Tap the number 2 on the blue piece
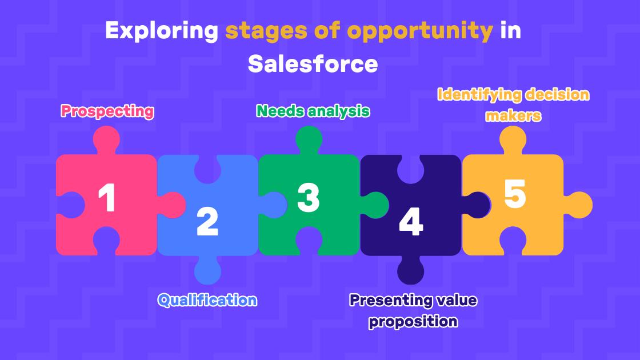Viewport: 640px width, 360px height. pyautogui.click(x=207, y=222)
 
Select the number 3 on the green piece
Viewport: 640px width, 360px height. pyautogui.click(x=309, y=198)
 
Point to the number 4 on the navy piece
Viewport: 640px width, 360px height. pyautogui.click(x=410, y=222)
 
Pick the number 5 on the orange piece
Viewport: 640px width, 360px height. pyautogui.click(x=514, y=194)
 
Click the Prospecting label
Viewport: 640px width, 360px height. pyautogui.click(x=107, y=111)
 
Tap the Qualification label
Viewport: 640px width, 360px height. pyautogui.click(x=207, y=300)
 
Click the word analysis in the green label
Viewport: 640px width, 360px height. pyautogui.click(x=338, y=111)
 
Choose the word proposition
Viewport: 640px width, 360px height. pyautogui.click(x=413, y=321)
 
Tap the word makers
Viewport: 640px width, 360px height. pyautogui.click(x=513, y=115)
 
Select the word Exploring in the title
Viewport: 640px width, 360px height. pyautogui.click(x=162, y=31)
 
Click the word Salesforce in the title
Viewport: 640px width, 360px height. pyautogui.click(x=313, y=64)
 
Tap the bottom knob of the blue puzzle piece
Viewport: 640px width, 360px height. pyautogui.click(x=207, y=271)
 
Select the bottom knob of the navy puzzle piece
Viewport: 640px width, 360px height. pyautogui.click(x=411, y=270)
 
